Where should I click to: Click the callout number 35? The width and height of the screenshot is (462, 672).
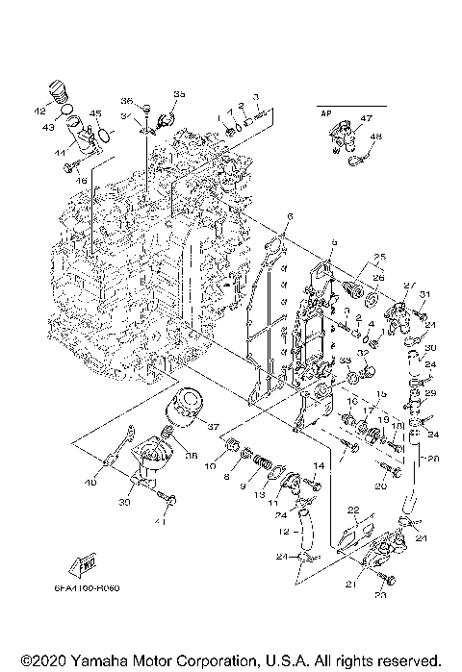[x=179, y=92]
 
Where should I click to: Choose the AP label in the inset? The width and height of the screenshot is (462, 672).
[x=323, y=114]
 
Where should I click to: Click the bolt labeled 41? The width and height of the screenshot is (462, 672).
[x=170, y=500]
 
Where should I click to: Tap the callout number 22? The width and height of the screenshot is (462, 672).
[x=353, y=509]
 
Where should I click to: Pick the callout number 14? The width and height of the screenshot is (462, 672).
[x=317, y=465]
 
